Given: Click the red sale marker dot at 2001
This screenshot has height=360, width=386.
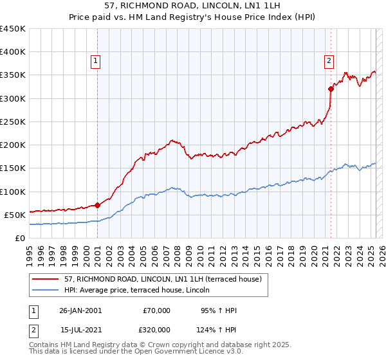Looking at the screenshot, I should click(97, 206).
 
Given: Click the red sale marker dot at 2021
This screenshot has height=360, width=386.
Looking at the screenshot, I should click(331, 89).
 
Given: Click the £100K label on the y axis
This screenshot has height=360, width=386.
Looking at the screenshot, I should click(13, 192).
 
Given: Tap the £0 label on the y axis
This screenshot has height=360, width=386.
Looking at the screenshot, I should click(21, 238).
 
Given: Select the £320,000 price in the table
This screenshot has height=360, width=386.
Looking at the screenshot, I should click(156, 330).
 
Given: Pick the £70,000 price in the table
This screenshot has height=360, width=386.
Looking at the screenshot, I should click(156, 310).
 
